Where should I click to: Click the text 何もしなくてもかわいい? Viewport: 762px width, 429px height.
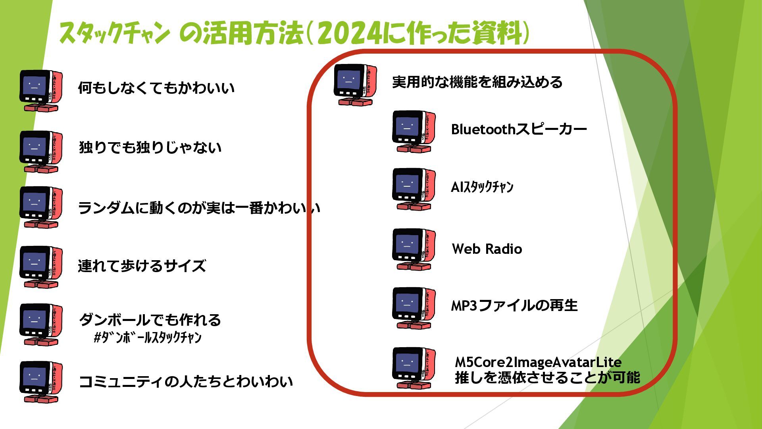(x=156, y=88)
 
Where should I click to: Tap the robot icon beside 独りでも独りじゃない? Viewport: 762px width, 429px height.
(x=41, y=152)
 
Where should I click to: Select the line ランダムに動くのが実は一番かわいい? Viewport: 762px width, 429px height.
(x=198, y=208)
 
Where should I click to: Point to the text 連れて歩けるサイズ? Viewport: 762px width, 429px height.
(x=142, y=266)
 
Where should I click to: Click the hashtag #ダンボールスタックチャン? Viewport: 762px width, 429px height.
(x=148, y=338)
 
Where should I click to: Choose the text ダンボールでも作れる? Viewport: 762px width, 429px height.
(x=150, y=320)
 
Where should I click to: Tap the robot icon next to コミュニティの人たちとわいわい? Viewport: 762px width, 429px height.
(x=41, y=382)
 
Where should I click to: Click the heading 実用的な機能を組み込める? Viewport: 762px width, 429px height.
(x=477, y=82)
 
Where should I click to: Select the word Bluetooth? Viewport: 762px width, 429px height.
(x=483, y=129)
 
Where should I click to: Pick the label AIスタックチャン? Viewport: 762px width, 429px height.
(x=482, y=187)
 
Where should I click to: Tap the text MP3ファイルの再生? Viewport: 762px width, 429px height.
(x=514, y=305)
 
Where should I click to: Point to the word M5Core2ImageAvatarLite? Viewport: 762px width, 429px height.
(x=538, y=362)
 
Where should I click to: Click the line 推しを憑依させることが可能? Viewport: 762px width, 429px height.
(x=547, y=377)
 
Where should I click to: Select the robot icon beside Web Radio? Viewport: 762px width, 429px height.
(x=414, y=249)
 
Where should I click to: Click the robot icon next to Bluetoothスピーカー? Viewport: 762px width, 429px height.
(x=414, y=131)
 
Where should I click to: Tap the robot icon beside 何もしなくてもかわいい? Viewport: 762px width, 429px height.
(x=41, y=91)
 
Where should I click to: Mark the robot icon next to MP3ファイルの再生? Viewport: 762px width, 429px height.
(x=414, y=308)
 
